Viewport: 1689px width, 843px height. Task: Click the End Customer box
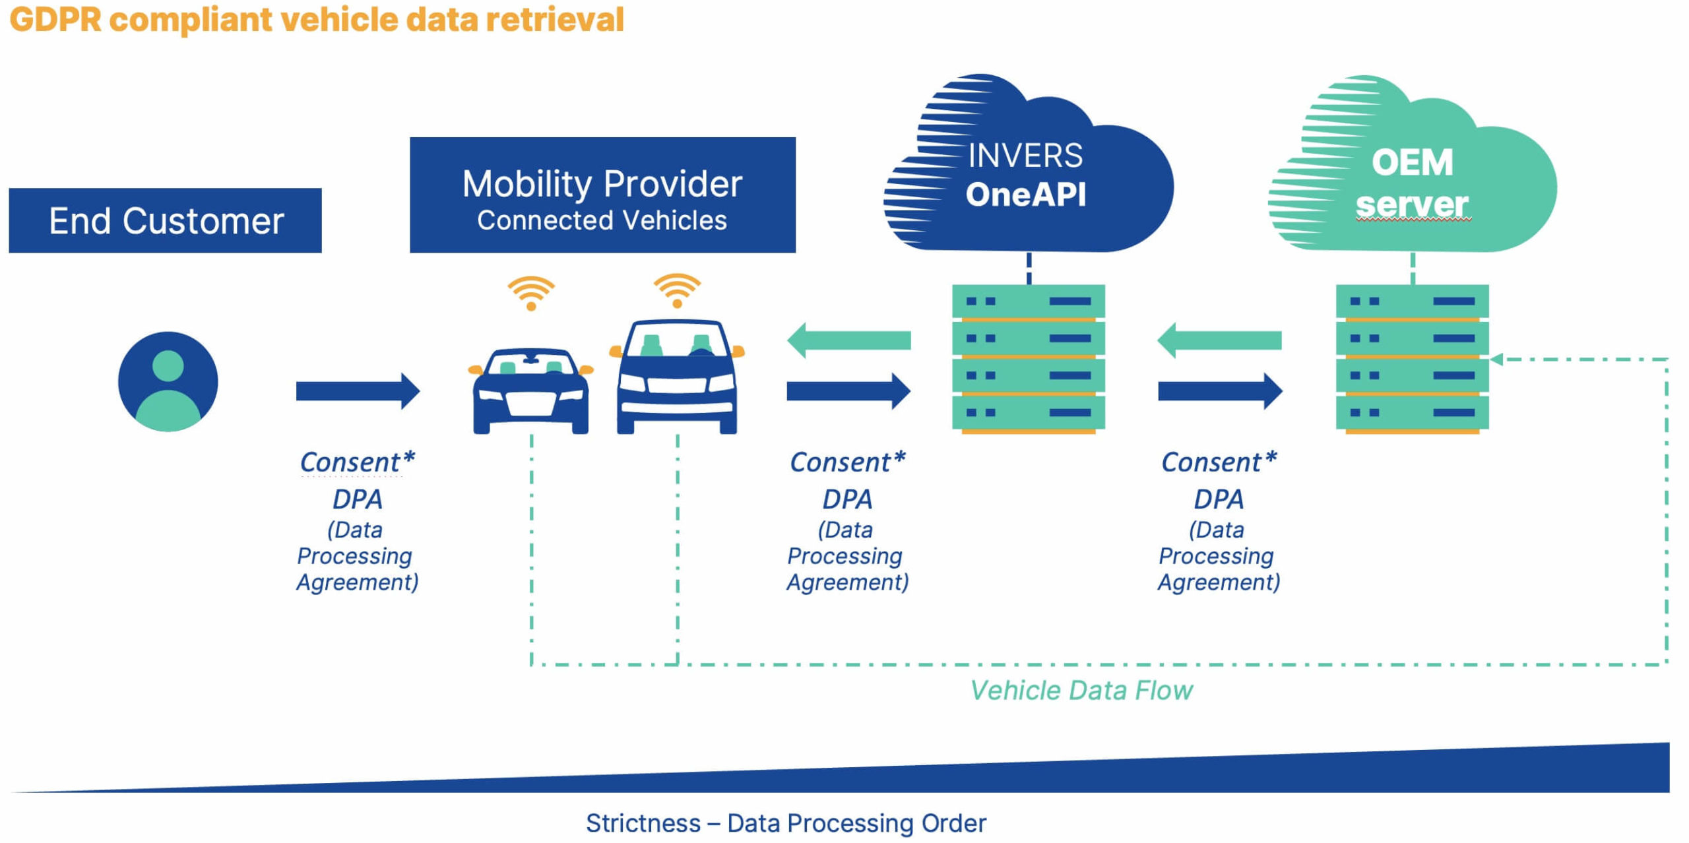click(x=165, y=220)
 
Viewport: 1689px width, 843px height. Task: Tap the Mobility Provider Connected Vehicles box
click(x=602, y=195)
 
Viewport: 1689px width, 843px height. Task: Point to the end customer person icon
click(x=168, y=381)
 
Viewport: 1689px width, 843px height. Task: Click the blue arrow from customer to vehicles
click(x=357, y=391)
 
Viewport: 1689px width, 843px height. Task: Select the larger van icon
click(x=677, y=376)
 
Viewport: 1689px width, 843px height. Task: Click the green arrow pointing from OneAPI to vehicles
click(x=848, y=340)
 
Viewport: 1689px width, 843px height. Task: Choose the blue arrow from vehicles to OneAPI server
click(x=848, y=391)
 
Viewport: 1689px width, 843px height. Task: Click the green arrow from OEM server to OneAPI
click(x=1219, y=340)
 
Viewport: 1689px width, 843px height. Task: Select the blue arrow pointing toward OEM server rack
click(x=1219, y=391)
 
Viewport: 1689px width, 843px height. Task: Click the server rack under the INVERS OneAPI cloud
click(x=1028, y=358)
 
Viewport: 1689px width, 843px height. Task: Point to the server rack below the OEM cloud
click(x=1412, y=358)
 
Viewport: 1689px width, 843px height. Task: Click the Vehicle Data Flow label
click(x=1081, y=691)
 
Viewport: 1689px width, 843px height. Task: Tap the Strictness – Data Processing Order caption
click(x=785, y=823)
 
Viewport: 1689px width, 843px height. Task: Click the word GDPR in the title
click(x=55, y=20)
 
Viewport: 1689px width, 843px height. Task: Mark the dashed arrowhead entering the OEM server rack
click(x=1496, y=359)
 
